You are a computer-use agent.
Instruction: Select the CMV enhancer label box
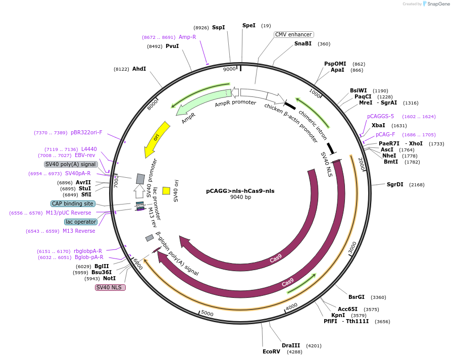[x=293, y=34]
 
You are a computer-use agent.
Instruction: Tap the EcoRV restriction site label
[x=271, y=351]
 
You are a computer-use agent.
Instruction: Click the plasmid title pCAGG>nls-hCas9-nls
[x=240, y=191]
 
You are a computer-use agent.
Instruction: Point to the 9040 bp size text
[x=240, y=197]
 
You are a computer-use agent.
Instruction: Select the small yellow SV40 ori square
[x=166, y=191]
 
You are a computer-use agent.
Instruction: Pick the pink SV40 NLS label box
[x=110, y=287]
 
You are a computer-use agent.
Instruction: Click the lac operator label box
[x=80, y=222]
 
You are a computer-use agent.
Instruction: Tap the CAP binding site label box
[x=73, y=203]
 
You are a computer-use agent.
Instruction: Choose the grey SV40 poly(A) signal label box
[x=70, y=164]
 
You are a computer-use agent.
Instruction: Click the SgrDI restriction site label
[x=395, y=184]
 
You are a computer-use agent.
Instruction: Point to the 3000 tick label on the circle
[x=352, y=247]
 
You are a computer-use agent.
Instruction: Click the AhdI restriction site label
[x=139, y=69]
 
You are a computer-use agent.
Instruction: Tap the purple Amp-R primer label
[x=187, y=37]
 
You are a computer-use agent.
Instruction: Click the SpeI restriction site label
[x=249, y=25]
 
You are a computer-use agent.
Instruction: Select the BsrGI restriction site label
[x=356, y=297]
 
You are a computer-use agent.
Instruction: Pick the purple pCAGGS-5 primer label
[x=380, y=116]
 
